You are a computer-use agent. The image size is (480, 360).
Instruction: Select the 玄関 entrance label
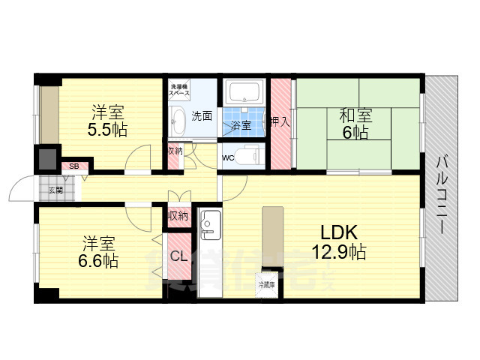tap(56, 190)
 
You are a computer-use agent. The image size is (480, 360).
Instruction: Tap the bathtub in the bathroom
tap(244, 94)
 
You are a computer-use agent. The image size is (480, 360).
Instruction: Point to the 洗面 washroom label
tap(201, 116)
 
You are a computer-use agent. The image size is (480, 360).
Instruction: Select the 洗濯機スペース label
tap(179, 89)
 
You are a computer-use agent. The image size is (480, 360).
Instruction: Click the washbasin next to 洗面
tap(178, 120)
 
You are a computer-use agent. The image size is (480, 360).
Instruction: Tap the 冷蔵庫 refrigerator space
tap(266, 284)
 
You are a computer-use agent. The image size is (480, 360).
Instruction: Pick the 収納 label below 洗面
tap(174, 151)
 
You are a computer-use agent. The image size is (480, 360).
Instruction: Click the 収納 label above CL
tap(178, 216)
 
